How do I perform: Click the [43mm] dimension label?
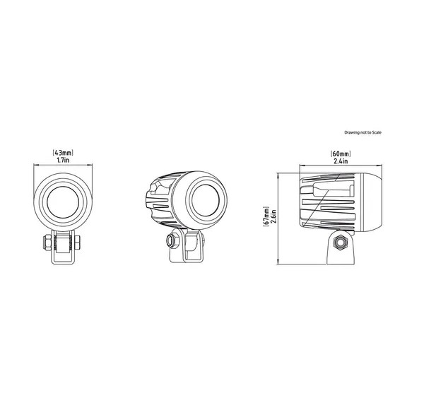(x=63, y=153)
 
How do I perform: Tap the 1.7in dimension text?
(x=63, y=160)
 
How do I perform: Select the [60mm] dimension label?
(x=341, y=153)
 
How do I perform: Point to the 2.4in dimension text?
(x=341, y=161)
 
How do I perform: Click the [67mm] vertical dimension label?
(x=266, y=216)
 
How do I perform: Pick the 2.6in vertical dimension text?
(x=273, y=216)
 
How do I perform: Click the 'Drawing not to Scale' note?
(x=363, y=132)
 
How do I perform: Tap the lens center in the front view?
(x=63, y=202)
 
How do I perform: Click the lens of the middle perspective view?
(x=205, y=200)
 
